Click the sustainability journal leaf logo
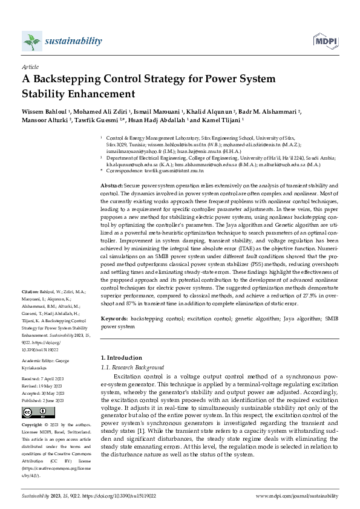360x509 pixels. click(x=31, y=41)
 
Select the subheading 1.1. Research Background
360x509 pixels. click(x=132, y=367)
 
